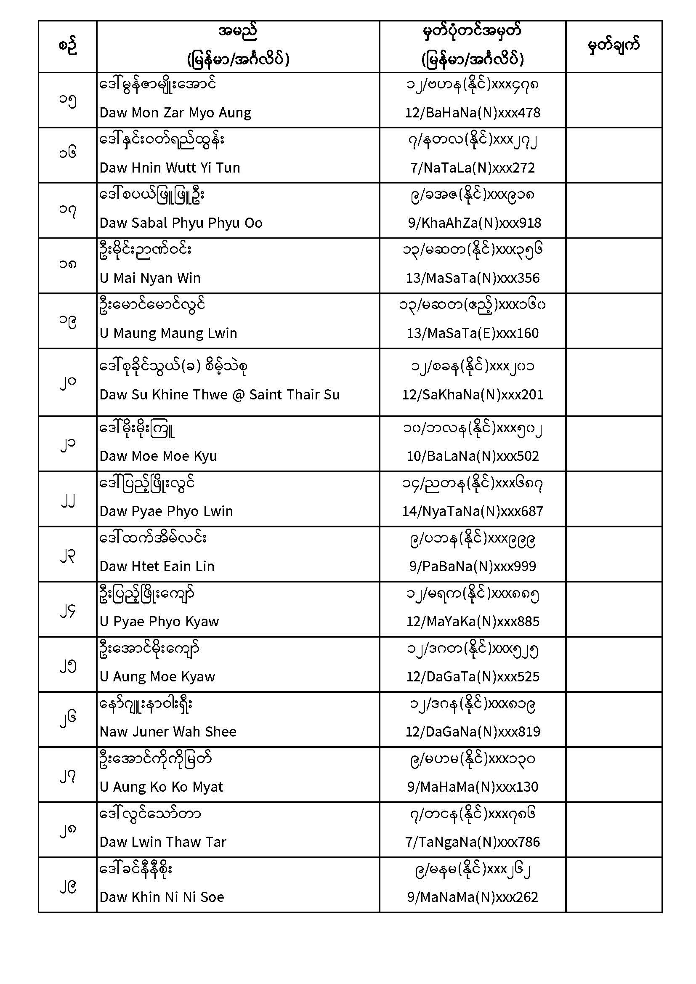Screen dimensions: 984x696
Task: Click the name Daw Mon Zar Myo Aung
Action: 175,113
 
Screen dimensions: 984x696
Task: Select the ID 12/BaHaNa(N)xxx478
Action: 472,113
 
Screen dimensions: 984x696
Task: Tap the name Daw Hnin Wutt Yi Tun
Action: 170,168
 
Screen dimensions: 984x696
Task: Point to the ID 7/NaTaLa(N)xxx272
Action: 472,168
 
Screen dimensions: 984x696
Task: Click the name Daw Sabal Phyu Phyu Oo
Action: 181,223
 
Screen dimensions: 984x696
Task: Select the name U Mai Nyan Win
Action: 150,278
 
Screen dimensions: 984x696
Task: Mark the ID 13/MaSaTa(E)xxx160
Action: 472,333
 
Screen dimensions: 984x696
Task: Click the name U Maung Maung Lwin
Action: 168,333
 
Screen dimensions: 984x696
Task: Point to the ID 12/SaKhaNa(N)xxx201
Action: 472,395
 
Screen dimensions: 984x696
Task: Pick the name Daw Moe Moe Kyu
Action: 158,456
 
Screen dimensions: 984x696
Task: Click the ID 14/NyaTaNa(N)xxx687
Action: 472,511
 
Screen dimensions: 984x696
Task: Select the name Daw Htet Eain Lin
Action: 157,566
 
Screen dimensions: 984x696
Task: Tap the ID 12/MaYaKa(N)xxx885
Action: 472,622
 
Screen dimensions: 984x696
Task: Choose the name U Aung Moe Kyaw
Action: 157,677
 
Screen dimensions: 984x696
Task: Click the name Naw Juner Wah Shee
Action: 167,732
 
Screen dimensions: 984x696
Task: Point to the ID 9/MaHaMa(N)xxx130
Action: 472,787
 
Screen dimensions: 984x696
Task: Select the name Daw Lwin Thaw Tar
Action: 162,842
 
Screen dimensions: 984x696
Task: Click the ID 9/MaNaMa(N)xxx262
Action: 472,897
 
